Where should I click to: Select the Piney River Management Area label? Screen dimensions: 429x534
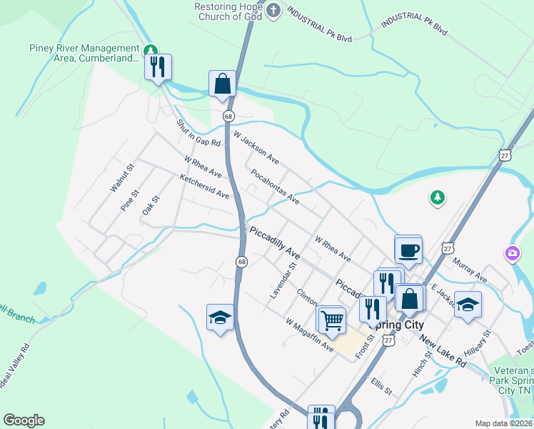pos(84,54)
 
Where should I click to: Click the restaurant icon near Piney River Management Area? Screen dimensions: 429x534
pos(158,67)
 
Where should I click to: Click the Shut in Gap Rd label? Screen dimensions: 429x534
pos(199,134)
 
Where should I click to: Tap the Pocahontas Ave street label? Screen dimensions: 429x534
pos(275,187)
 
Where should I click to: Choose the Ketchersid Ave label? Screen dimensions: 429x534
pos(204,187)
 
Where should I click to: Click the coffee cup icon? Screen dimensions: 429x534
pos(408,250)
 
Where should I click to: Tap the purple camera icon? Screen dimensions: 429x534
pos(512,253)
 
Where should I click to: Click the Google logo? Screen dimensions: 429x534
pos(24,420)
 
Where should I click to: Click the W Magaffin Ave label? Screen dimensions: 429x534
pos(310,335)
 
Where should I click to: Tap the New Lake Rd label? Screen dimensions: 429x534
pos(443,352)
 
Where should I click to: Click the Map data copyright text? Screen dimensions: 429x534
pos(503,423)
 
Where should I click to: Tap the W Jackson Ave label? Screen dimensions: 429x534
pos(256,146)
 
